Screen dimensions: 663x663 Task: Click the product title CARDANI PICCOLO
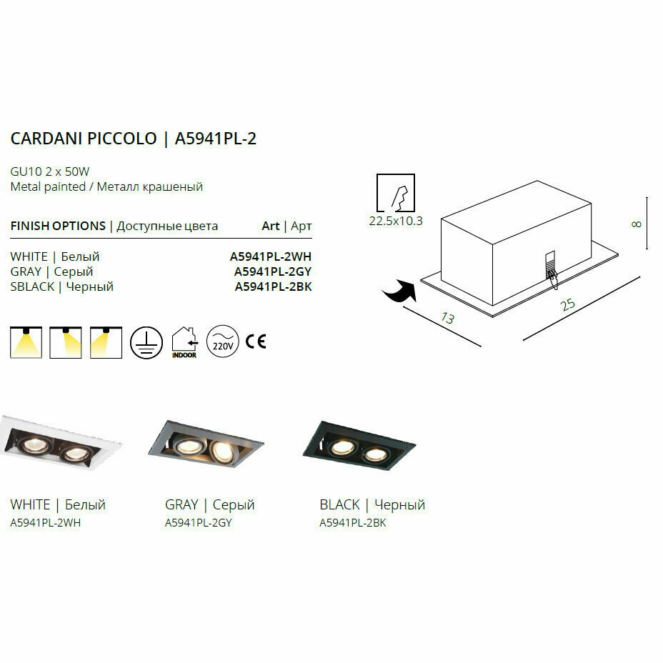(x=84, y=139)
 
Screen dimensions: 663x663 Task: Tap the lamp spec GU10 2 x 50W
(x=49, y=171)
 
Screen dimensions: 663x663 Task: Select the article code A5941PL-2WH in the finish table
(x=271, y=256)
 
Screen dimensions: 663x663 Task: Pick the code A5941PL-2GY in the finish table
(x=273, y=271)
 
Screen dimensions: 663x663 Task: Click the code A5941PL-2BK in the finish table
(x=273, y=287)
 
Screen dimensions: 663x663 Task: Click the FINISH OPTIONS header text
(x=58, y=226)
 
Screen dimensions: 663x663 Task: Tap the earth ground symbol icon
(x=146, y=342)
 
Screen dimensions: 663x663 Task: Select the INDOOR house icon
(x=184, y=342)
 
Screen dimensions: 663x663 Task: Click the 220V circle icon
(x=221, y=342)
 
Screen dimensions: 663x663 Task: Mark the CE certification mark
(x=255, y=342)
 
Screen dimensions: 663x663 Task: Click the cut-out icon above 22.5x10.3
(x=396, y=191)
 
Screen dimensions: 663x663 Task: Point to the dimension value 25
(x=568, y=304)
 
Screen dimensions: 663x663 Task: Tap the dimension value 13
(x=447, y=318)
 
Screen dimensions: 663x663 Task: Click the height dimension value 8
(x=637, y=224)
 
